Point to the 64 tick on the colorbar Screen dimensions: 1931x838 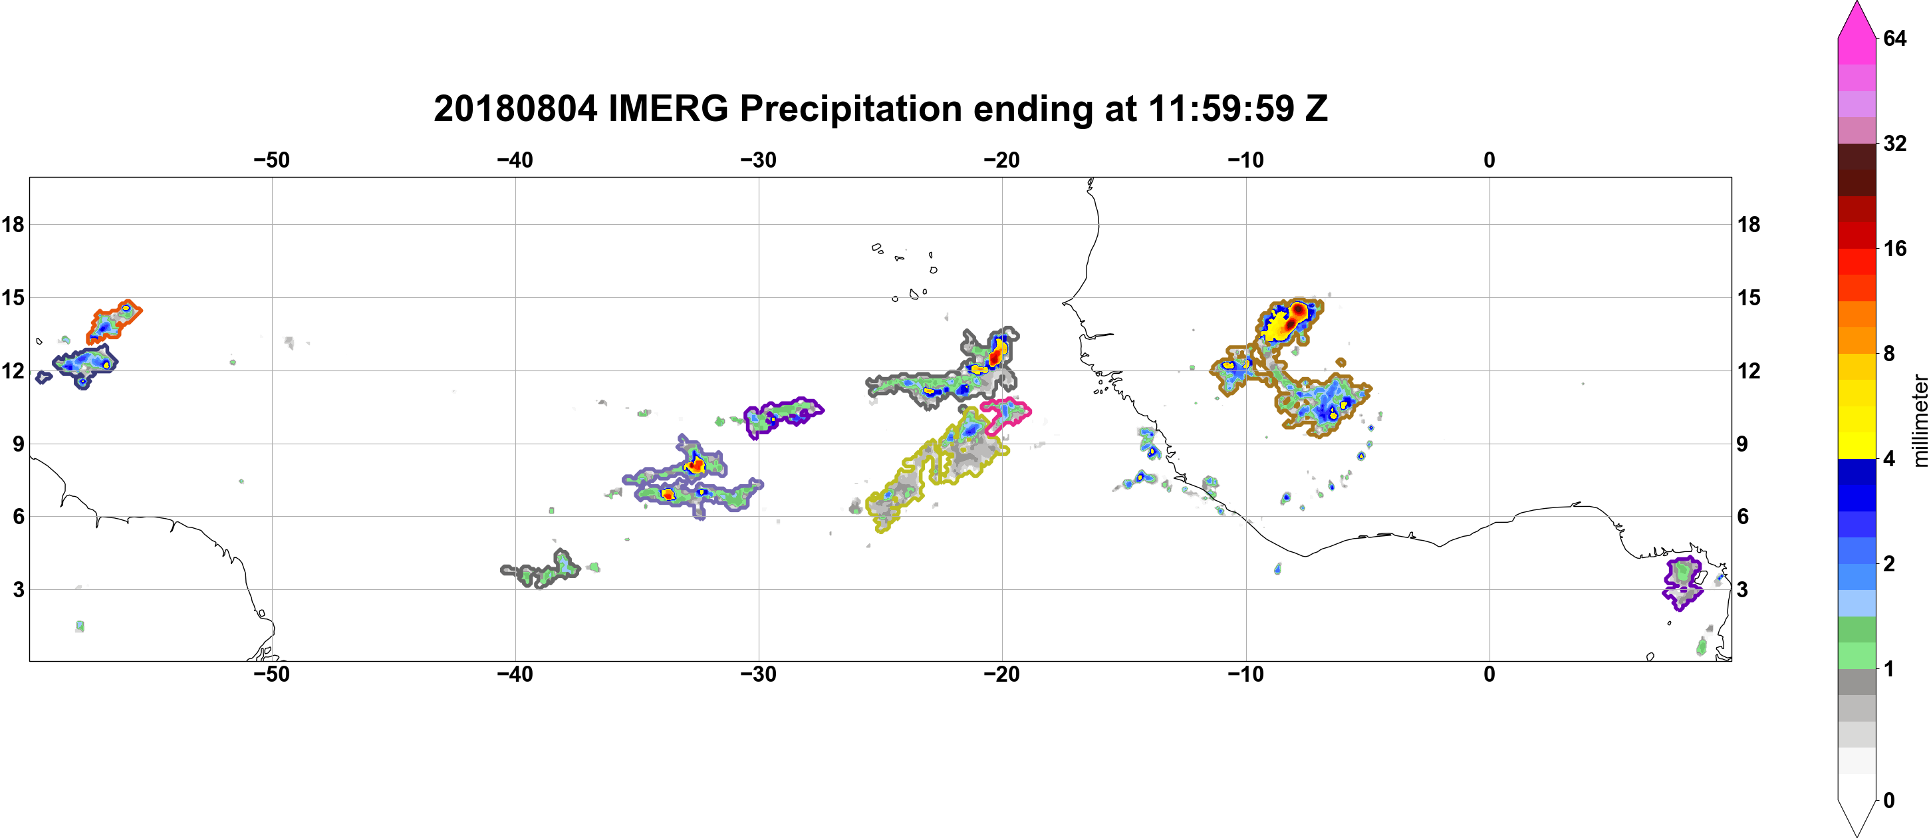tap(1894, 38)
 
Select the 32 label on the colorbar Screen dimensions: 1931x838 tap(1894, 143)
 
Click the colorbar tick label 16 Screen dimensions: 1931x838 tap(1894, 248)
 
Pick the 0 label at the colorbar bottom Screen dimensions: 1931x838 tap(1888, 801)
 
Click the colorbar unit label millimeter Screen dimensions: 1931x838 tap(1920, 420)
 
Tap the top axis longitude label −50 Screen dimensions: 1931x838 tap(271, 160)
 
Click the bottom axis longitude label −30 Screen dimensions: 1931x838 tap(759, 674)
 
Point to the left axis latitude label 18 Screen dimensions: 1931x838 tap(13, 224)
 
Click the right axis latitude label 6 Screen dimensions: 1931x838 tap(1743, 517)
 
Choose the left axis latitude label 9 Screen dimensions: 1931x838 tap(18, 444)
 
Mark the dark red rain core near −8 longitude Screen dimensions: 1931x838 tap(1297, 314)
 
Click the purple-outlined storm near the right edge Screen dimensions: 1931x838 tap(1682, 583)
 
